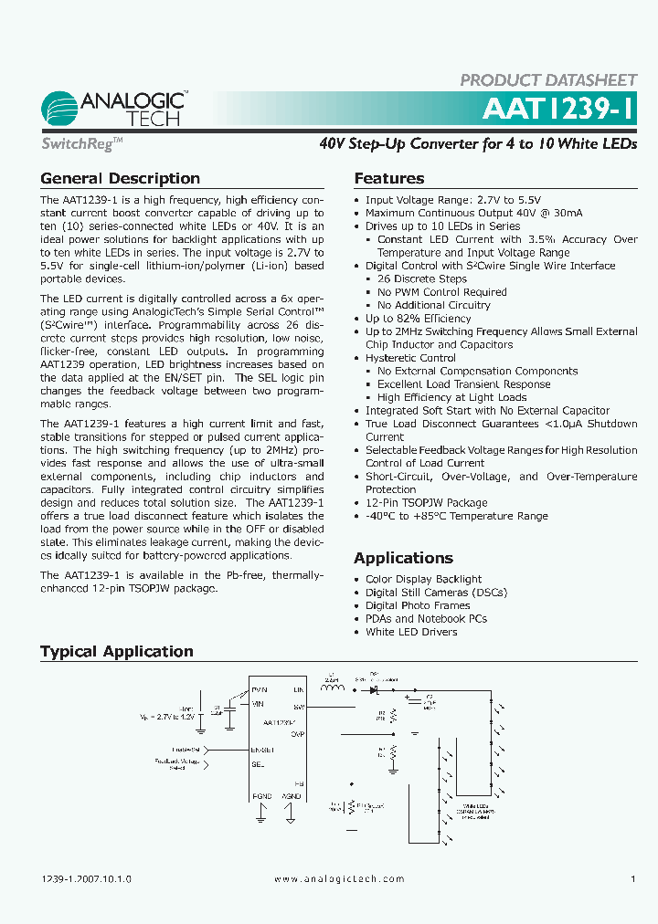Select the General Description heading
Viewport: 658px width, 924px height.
120,179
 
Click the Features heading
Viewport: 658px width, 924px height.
389,179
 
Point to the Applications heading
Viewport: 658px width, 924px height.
403,558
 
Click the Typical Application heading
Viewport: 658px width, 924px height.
117,651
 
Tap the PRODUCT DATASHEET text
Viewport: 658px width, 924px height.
547,80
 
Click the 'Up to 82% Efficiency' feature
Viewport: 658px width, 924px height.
418,319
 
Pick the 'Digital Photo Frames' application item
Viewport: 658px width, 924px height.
418,605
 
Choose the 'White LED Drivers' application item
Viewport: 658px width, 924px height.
411,632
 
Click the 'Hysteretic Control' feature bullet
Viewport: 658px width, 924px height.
410,358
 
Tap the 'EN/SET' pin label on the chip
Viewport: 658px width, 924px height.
263,750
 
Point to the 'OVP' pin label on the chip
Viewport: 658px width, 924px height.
297,732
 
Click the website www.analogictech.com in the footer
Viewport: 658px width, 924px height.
339,878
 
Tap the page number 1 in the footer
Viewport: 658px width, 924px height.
632,878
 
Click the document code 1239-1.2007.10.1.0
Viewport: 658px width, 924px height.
87,878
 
